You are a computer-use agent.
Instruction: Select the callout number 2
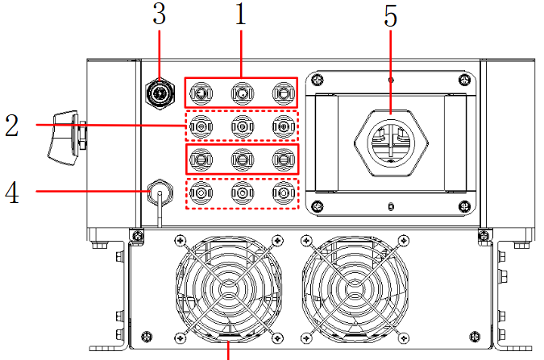(x=11, y=126)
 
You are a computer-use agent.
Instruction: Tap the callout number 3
(x=159, y=14)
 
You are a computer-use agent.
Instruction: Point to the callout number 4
(x=11, y=192)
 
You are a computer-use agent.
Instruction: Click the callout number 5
(x=391, y=17)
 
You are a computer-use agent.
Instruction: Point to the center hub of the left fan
(x=228, y=288)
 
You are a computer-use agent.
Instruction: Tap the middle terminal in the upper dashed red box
(x=241, y=126)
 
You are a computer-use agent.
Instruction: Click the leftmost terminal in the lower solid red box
(x=200, y=159)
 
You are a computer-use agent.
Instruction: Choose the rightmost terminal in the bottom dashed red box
(x=282, y=192)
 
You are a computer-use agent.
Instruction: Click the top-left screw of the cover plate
(x=318, y=80)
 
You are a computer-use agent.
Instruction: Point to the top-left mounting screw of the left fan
(x=178, y=240)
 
